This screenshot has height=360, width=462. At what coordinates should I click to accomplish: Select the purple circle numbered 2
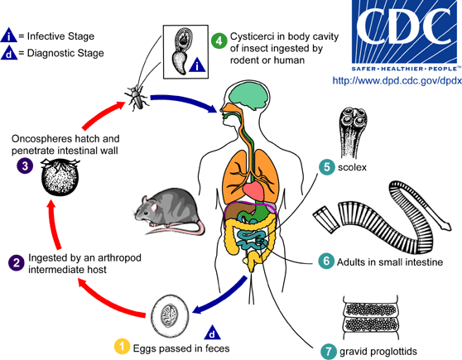pos(16,262)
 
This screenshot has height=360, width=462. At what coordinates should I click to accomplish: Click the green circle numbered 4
pos(219,39)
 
